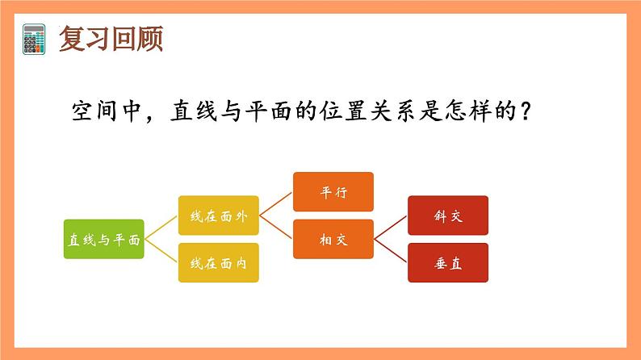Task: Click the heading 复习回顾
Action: (x=111, y=38)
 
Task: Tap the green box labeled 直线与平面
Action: (x=103, y=240)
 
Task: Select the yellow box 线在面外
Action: (x=218, y=216)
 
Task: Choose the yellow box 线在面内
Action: (x=218, y=263)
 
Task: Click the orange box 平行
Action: (x=333, y=192)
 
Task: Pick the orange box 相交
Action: (x=333, y=240)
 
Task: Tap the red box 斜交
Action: (x=447, y=216)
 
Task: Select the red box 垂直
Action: (x=447, y=263)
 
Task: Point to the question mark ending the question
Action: (x=524, y=111)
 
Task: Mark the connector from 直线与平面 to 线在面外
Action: (x=161, y=228)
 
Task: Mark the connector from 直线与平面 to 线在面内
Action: (x=161, y=251)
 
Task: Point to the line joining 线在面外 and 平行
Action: (x=276, y=204)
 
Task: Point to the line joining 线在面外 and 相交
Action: (x=276, y=228)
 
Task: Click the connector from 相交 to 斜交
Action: (x=391, y=228)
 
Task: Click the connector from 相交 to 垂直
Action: (x=391, y=251)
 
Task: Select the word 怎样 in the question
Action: (x=463, y=111)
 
